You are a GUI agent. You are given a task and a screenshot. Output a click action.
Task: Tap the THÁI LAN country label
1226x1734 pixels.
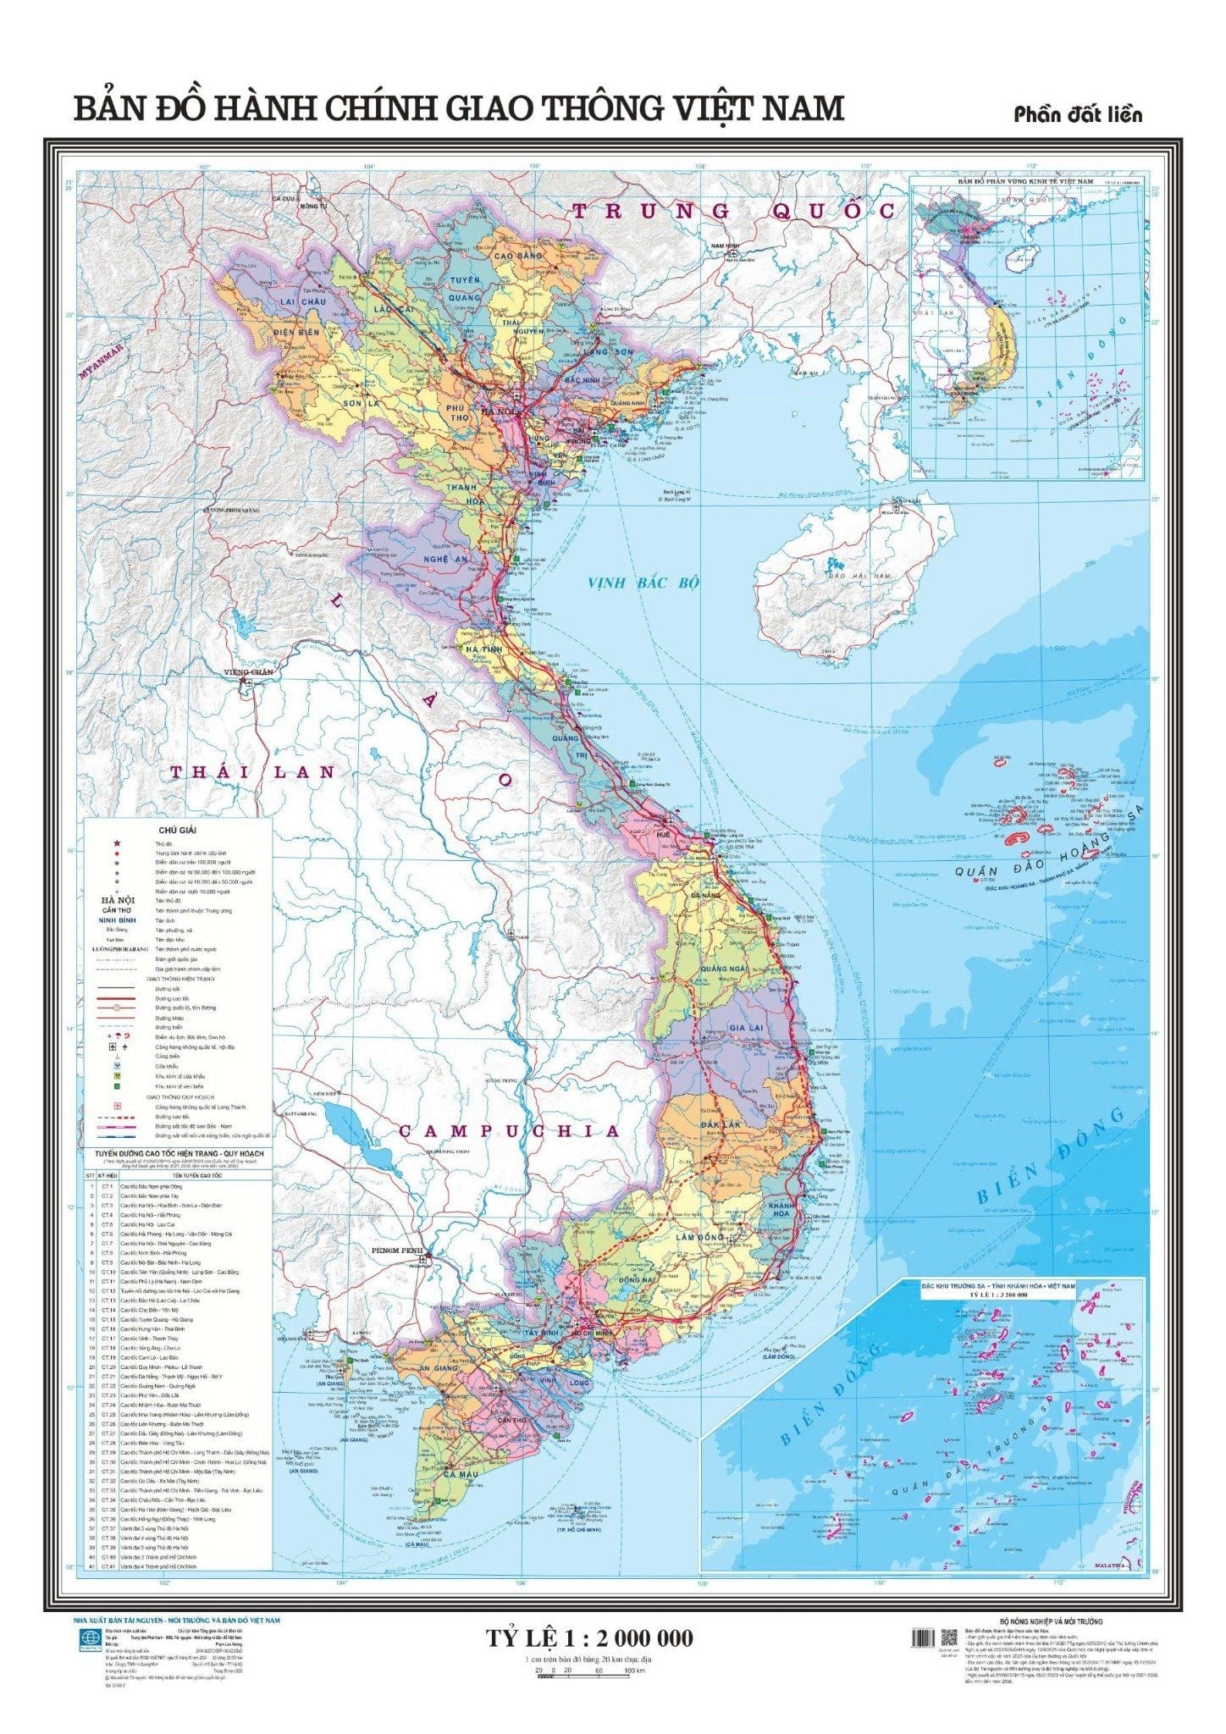point(253,771)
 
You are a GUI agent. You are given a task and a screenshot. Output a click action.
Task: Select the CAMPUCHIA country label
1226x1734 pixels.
point(509,1130)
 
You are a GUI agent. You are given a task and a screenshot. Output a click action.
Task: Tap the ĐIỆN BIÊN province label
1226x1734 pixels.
point(296,333)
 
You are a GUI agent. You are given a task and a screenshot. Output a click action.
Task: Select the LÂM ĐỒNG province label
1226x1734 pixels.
point(699,1237)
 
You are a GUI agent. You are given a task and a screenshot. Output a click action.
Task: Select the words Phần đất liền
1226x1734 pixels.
point(1078,114)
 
